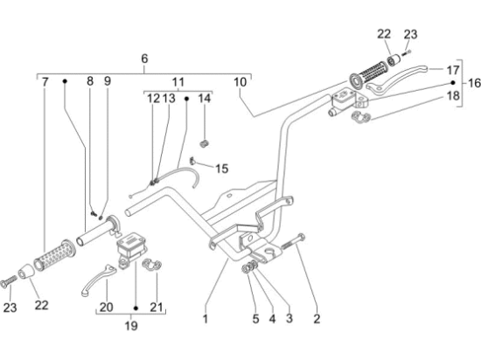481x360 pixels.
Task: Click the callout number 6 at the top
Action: [144, 59]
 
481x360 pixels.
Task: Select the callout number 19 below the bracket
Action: [131, 325]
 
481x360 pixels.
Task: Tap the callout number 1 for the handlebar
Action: [206, 319]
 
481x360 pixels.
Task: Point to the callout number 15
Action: [222, 169]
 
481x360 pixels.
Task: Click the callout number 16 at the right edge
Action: [474, 83]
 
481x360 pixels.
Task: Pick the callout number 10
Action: [240, 82]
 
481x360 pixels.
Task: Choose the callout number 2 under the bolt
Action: [317, 319]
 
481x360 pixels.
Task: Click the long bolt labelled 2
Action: [293, 241]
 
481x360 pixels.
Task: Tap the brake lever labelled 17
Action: [396, 78]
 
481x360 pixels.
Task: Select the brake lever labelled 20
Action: [99, 280]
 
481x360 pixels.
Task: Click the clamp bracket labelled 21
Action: [152, 265]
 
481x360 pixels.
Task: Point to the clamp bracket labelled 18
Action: [360, 117]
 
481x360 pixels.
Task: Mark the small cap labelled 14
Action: [204, 143]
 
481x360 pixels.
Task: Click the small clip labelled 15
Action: [192, 161]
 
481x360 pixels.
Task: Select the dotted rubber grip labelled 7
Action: [54, 255]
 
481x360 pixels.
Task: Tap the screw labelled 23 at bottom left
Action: [9, 281]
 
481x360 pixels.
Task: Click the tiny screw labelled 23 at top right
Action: [407, 52]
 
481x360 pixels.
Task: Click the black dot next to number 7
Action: [65, 81]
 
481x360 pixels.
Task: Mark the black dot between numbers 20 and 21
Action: [136, 308]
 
